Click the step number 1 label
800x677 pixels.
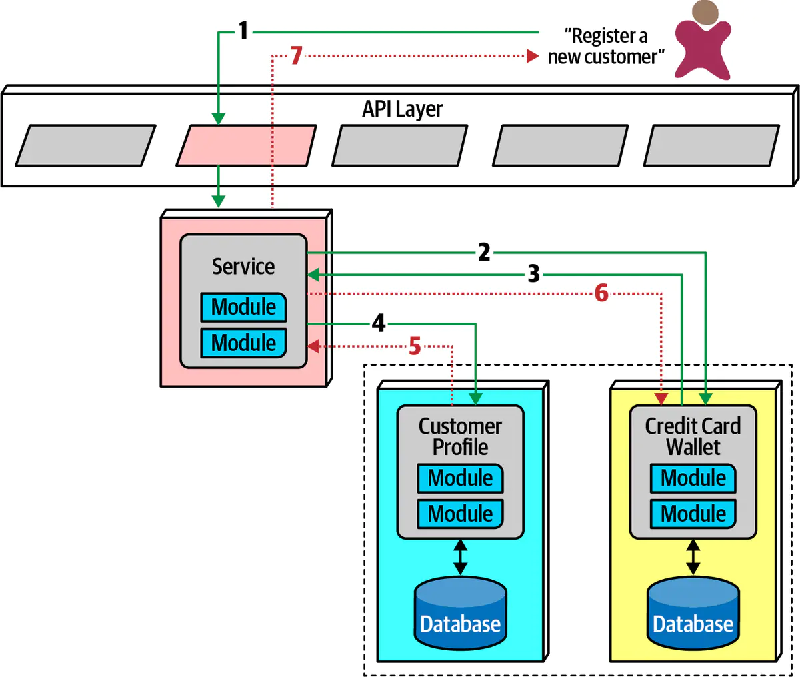[243, 31]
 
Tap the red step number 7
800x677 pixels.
[296, 55]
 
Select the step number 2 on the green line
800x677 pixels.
[484, 252]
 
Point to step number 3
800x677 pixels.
[533, 273]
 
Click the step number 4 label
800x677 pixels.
[379, 323]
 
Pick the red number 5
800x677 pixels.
[415, 346]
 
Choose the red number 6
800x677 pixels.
[601, 293]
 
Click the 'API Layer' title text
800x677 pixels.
[402, 109]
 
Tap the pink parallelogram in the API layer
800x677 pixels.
[246, 145]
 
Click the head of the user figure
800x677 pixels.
[705, 13]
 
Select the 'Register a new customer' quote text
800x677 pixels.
[606, 46]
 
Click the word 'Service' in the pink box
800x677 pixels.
[243, 267]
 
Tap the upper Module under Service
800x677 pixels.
[243, 307]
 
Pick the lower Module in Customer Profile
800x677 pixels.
[460, 514]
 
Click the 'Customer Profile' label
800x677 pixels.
[460, 436]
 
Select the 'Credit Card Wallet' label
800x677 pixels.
[693, 436]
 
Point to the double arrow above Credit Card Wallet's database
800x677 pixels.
[693, 557]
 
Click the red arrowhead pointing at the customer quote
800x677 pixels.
[533, 55]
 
